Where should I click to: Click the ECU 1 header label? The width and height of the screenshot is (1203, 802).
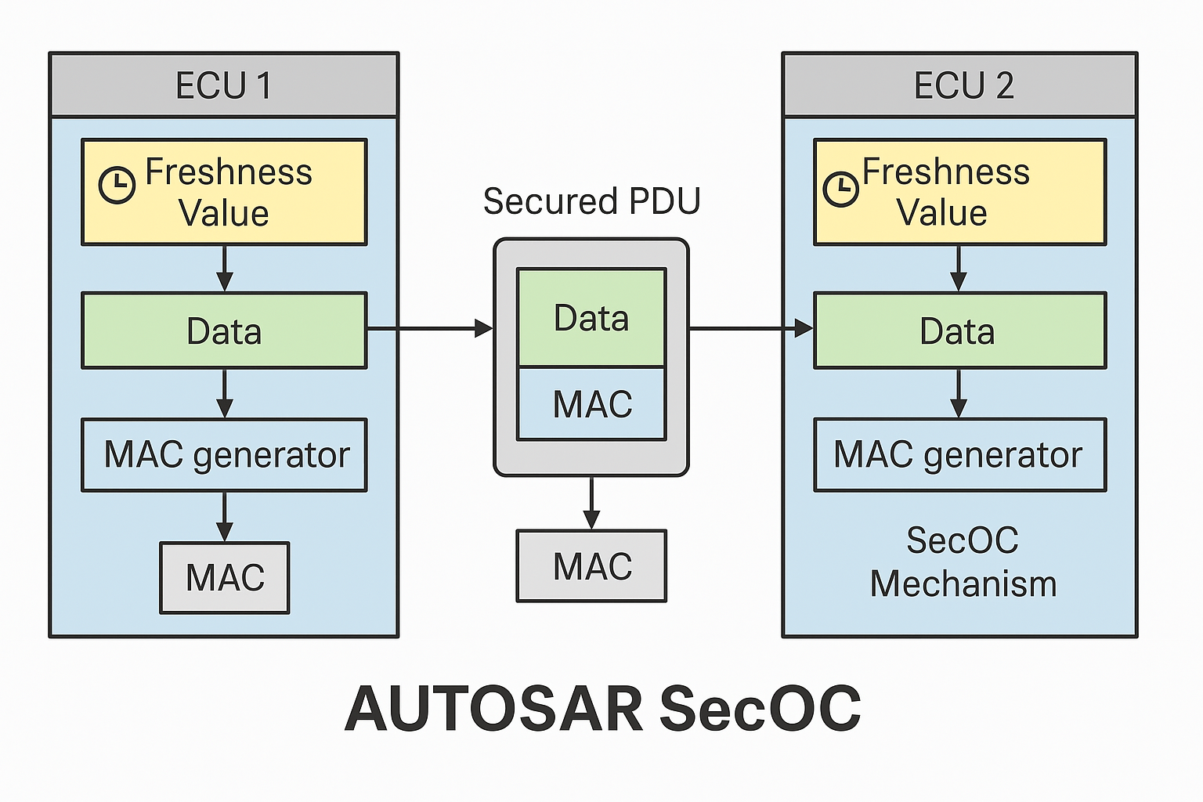224,85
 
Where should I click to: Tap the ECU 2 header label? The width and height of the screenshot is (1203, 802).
963,85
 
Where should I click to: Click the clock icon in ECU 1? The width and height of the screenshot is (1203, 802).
117,186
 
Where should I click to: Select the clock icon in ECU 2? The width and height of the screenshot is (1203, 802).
841,189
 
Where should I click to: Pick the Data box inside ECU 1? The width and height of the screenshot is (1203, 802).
224,331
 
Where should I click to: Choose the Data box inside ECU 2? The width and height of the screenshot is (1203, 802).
959,331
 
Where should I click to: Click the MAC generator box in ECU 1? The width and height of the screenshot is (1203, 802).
224,455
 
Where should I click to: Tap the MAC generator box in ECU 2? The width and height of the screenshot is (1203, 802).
959,455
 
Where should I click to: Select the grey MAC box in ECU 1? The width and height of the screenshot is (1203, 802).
225,578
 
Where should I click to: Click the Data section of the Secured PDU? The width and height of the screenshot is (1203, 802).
591,318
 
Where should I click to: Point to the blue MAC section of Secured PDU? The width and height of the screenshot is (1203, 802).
591,404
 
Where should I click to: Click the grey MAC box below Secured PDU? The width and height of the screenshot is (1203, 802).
591,566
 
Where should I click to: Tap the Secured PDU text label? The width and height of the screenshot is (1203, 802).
591,201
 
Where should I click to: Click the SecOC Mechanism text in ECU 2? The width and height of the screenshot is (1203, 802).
963,562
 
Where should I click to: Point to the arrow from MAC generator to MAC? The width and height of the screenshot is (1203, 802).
225,517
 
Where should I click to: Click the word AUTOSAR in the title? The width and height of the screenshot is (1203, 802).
493,709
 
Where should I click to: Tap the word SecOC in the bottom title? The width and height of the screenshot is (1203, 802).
760,709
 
